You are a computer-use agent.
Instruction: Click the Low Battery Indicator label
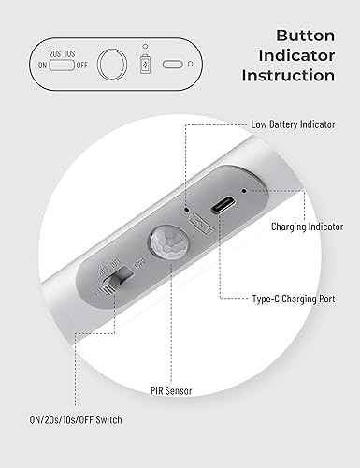[295, 124]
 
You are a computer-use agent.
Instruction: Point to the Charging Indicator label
[307, 227]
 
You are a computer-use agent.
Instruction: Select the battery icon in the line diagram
[144, 66]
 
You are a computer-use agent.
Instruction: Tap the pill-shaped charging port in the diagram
[173, 65]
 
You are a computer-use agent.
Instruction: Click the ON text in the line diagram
[41, 66]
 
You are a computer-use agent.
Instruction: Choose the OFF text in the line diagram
[83, 66]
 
